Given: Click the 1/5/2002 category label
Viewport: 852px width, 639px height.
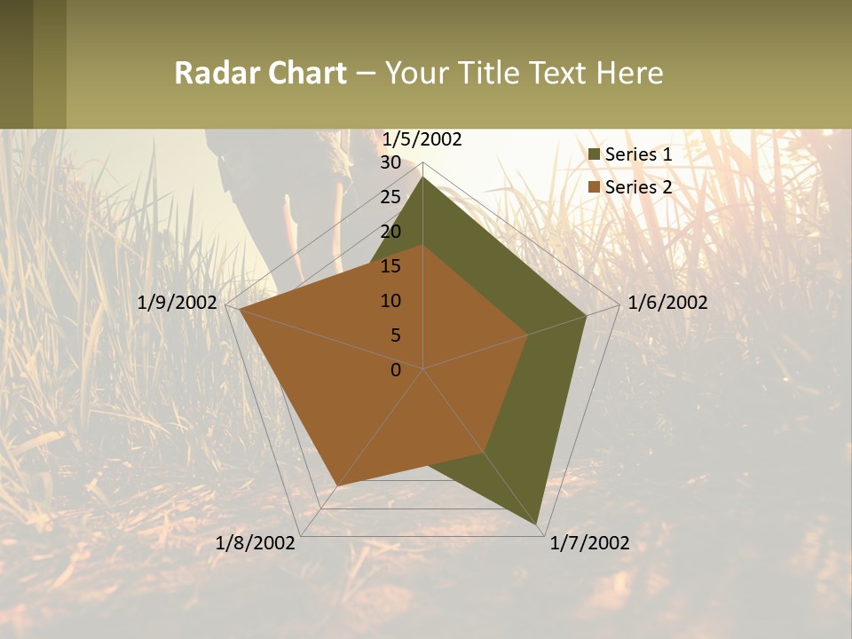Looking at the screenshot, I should (422, 139).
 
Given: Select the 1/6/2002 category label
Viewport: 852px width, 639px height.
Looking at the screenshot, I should (667, 303).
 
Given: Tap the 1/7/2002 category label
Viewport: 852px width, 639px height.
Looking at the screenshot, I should (589, 543).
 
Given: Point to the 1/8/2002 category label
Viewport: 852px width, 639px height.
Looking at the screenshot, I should (256, 543).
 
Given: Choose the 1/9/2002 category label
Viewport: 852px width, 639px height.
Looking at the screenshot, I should (177, 303).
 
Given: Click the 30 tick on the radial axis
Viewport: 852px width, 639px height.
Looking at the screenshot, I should (390, 162).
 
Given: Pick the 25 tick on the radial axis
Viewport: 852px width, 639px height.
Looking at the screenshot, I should (390, 197).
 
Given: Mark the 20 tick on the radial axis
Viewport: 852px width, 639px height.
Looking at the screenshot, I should (390, 232).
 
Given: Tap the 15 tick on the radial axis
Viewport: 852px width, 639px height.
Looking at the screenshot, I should (390, 266).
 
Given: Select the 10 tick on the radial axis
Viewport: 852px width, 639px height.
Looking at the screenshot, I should (390, 301).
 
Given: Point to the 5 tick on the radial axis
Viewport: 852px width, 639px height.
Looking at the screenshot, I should (395, 335).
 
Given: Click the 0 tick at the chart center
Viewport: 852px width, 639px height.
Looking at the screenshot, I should (396, 370).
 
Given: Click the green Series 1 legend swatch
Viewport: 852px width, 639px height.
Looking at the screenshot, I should (595, 154).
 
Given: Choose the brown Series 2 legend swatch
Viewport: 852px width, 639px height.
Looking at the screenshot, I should (595, 187).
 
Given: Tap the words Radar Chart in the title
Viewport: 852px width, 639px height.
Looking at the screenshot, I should (259, 73).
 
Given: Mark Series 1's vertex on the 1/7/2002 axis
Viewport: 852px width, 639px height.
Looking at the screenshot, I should (539, 525).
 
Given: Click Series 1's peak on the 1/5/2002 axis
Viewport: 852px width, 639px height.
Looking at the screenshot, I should (423, 177).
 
